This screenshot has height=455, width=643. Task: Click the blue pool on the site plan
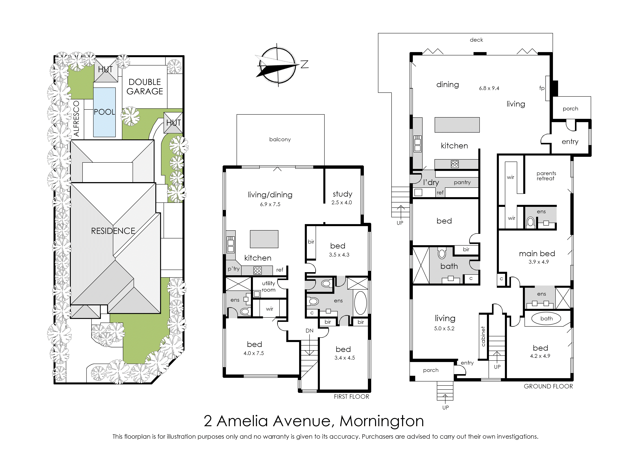point(104,112)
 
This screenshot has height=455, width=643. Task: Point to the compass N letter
point(305,64)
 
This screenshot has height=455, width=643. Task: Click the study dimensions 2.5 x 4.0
point(341,202)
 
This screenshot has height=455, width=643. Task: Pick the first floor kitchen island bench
point(264,239)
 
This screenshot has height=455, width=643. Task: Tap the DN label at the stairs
point(309,331)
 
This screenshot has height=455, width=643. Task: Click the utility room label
point(268,286)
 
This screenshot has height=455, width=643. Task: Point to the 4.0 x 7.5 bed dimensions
point(254,353)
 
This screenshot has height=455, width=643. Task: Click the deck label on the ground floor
point(476,40)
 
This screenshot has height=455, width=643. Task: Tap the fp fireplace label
point(542,88)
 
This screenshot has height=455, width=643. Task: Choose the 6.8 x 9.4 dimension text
point(489,88)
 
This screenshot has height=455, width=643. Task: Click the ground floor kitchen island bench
point(457,125)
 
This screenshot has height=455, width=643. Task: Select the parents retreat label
point(546,176)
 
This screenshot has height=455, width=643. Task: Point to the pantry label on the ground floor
point(462,182)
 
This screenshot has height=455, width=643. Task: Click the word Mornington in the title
point(382,421)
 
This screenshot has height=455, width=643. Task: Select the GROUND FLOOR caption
point(548,386)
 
